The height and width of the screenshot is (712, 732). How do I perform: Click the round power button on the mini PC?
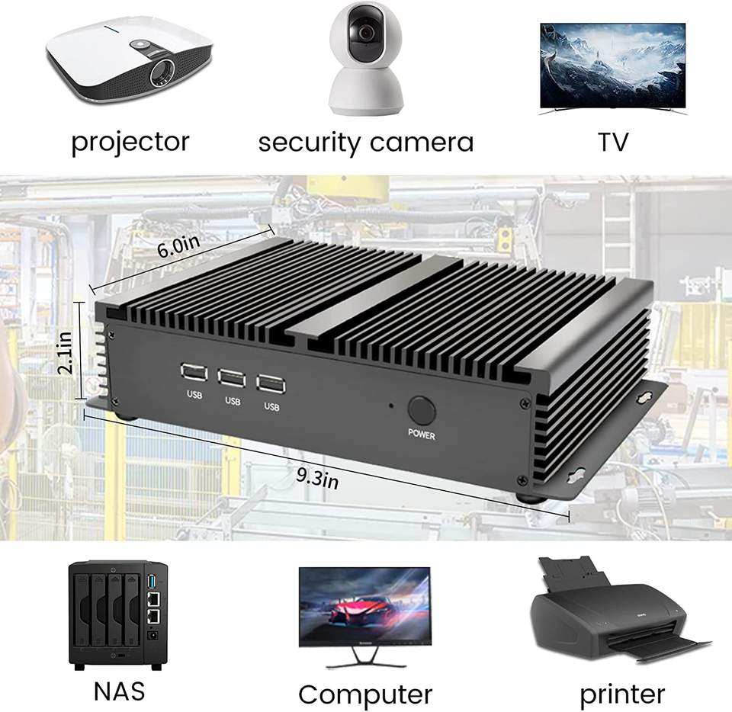pyautogui.click(x=421, y=410)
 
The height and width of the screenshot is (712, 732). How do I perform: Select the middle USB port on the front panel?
pyautogui.click(x=230, y=377)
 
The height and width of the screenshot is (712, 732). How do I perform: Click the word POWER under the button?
pyautogui.click(x=421, y=436)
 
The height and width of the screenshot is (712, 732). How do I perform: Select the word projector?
pyautogui.click(x=130, y=141)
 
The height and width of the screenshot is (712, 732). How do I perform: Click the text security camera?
pyautogui.click(x=365, y=142)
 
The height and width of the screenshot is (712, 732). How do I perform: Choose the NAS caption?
pyautogui.click(x=119, y=691)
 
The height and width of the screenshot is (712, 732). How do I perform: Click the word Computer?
pyautogui.click(x=364, y=694)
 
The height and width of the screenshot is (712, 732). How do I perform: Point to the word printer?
pyautogui.click(x=621, y=694)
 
